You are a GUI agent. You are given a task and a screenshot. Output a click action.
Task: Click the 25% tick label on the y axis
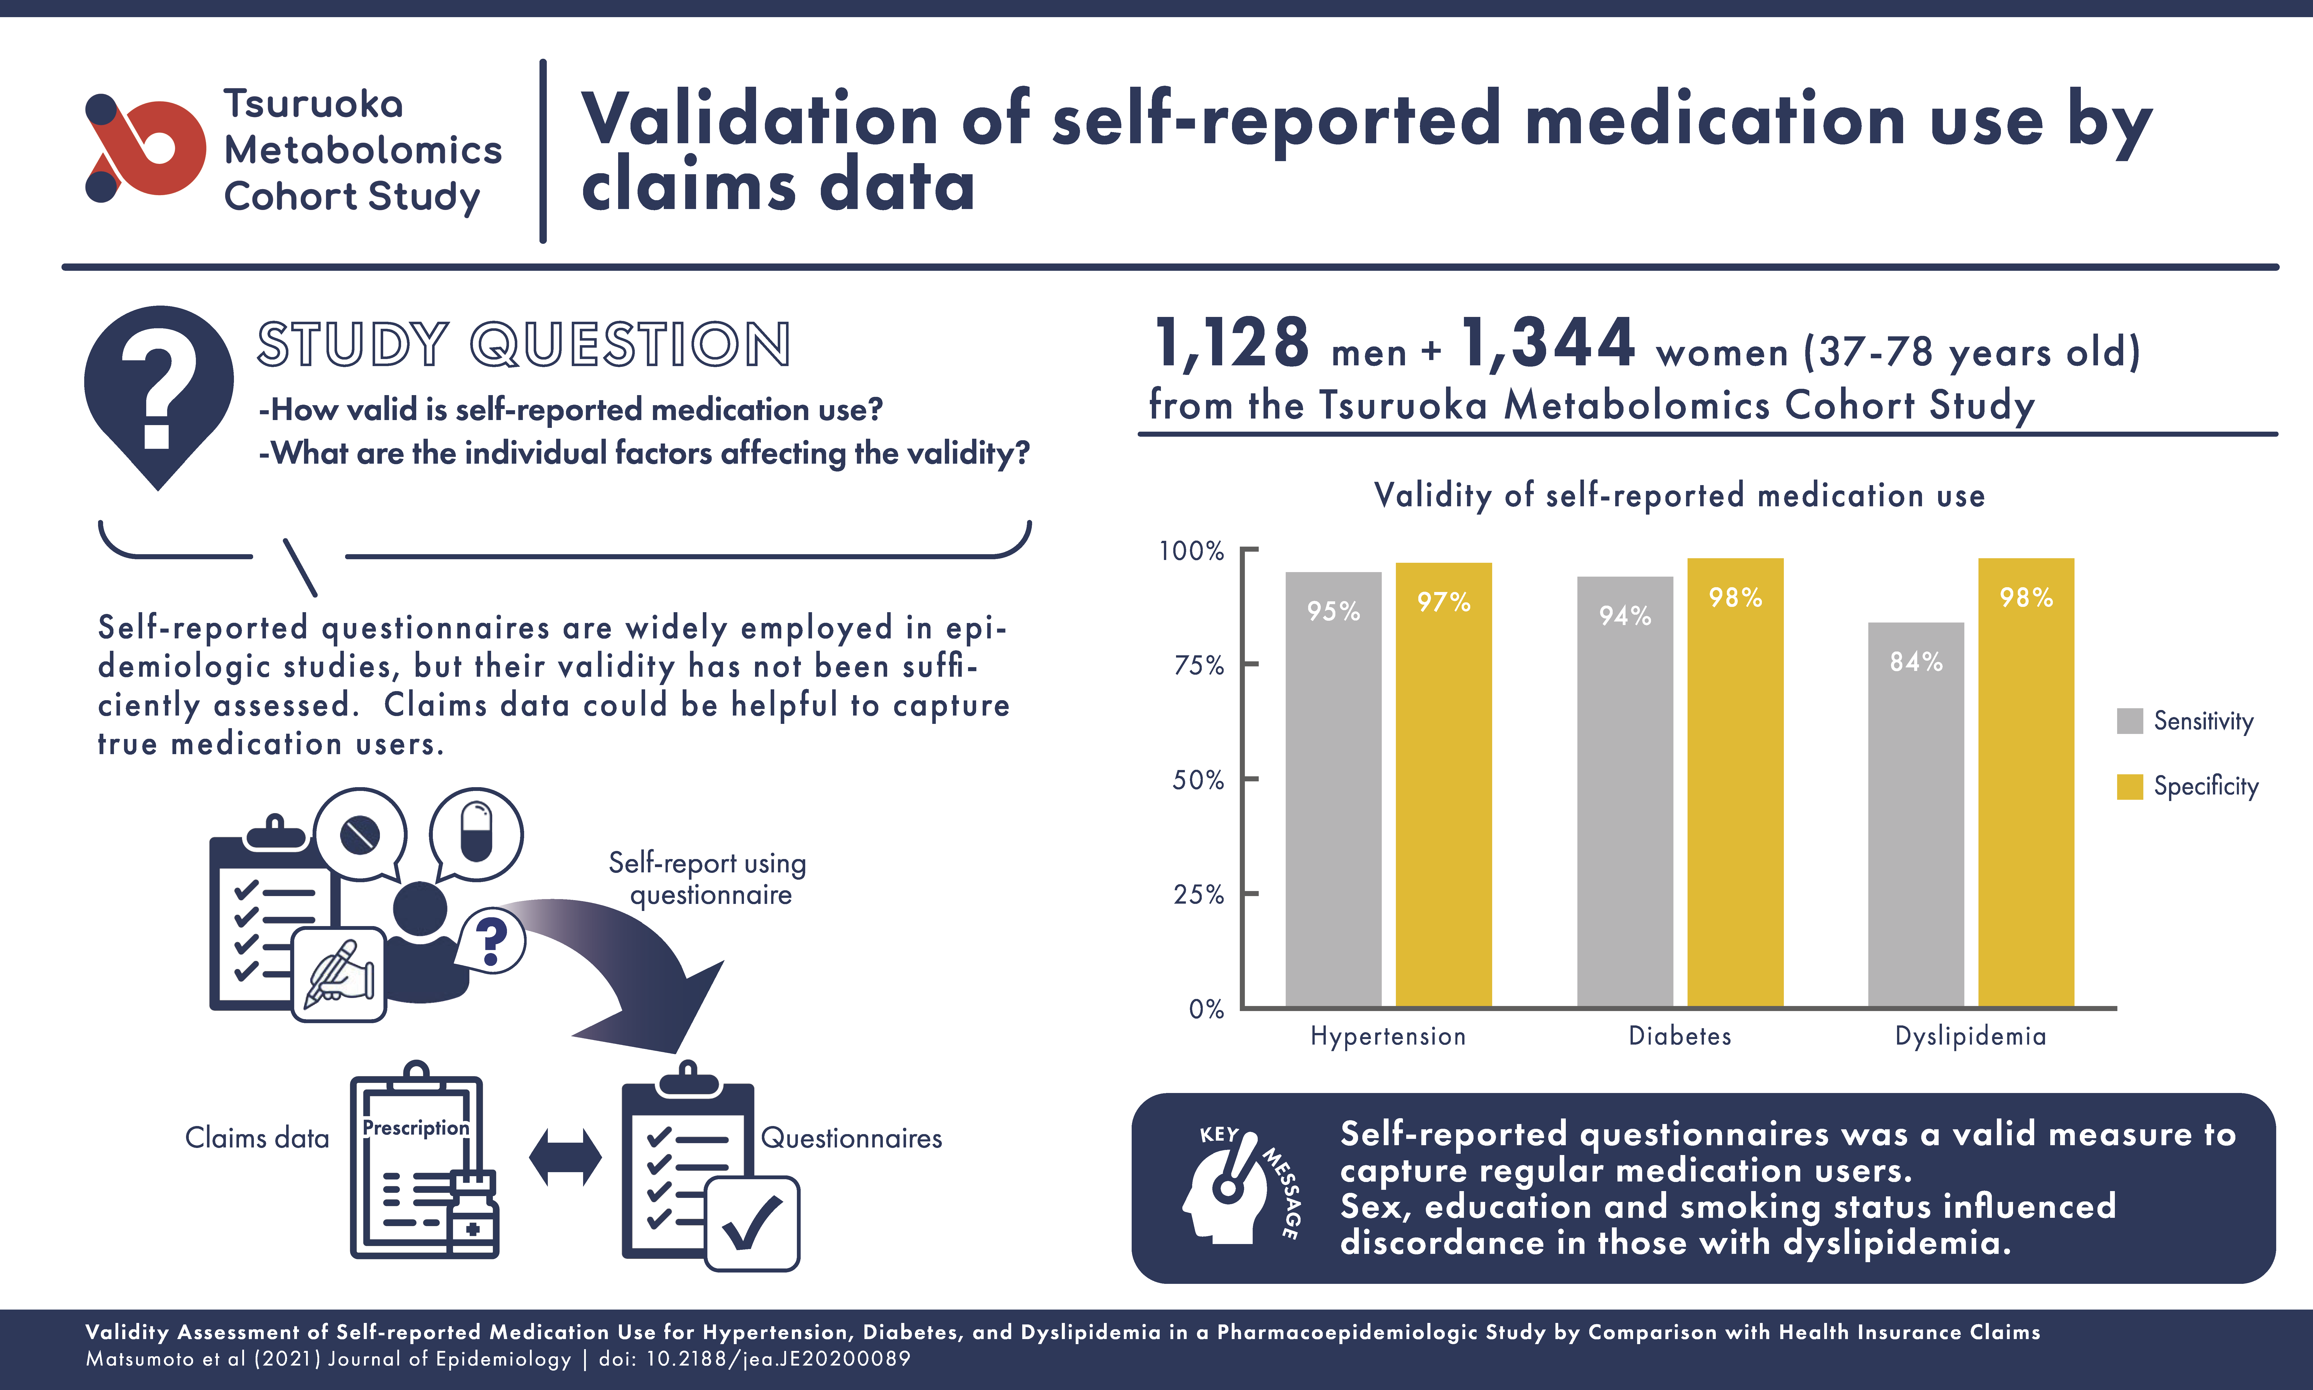tap(1199, 895)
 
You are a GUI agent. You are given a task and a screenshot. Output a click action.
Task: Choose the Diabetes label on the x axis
tap(1680, 1036)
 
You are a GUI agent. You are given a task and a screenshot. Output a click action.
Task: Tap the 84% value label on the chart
tap(1916, 662)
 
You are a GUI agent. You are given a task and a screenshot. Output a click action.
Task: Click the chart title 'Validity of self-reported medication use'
tap(1679, 495)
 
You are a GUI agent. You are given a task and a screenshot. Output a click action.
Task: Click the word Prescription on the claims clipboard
tap(416, 1128)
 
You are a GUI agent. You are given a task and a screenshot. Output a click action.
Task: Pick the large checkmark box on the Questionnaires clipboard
tap(752, 1223)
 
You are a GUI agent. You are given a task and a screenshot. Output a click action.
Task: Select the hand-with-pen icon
tap(339, 974)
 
